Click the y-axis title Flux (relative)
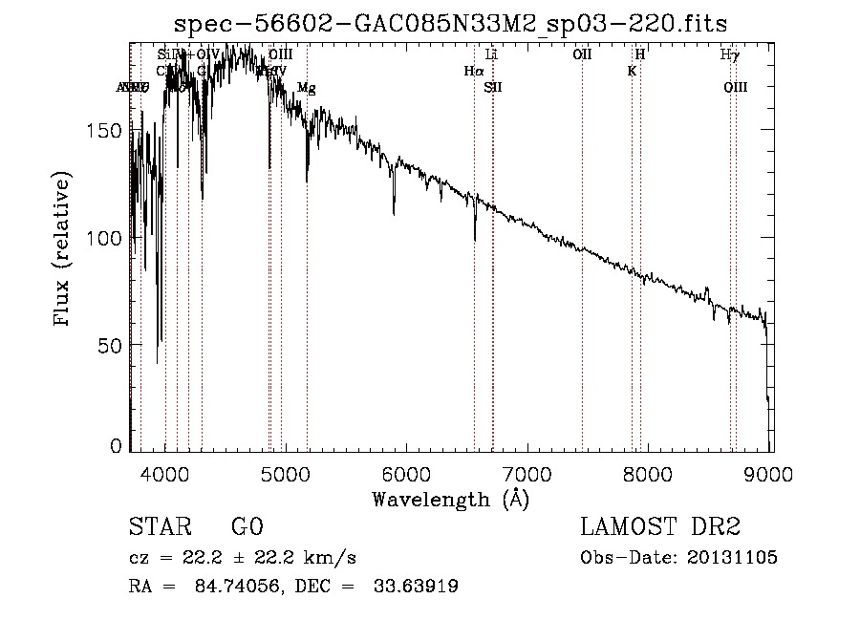pos(63,251)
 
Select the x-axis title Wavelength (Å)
pos(450,498)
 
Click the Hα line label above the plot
pos(473,71)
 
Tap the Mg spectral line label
pos(306,88)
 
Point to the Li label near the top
pos(492,55)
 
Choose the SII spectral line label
pos(492,88)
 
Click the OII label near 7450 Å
pos(582,55)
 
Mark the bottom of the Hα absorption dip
pos(475,239)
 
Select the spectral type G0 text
pos(247,527)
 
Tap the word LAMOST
pos(623,527)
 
